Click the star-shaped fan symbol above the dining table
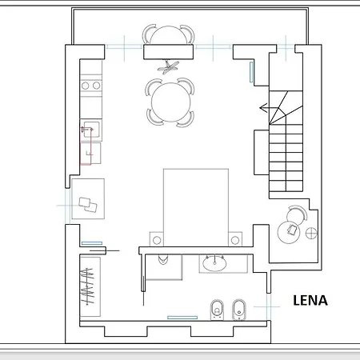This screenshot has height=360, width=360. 168,67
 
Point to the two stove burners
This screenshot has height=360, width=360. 90,84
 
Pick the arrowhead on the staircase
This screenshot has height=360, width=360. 264,106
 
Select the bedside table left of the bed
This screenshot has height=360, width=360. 156,238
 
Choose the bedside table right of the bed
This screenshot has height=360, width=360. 235,238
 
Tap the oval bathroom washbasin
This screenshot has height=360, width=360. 214,262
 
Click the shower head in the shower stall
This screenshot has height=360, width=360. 163,258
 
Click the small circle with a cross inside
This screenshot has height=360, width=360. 310,233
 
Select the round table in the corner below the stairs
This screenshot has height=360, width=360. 290,229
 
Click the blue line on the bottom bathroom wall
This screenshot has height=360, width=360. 182,317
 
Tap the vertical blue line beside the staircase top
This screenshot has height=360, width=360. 252,72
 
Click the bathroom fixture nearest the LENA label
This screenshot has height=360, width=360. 237,309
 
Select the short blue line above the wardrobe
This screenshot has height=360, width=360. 92,243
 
